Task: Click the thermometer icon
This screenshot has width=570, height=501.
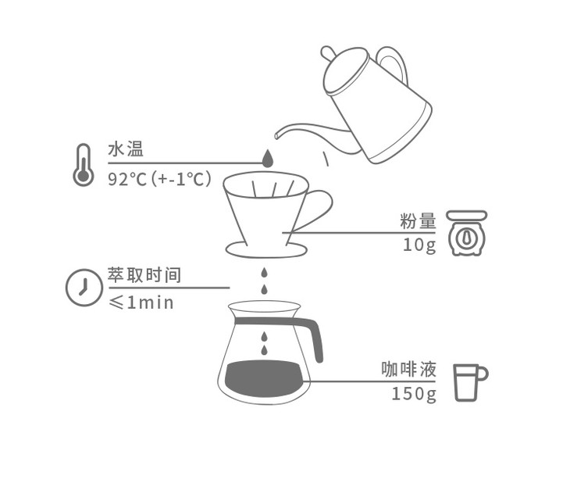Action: [84, 165]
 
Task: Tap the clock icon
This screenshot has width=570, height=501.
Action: [84, 288]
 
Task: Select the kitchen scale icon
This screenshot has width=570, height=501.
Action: [467, 233]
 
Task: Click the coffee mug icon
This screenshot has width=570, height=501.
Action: [470, 382]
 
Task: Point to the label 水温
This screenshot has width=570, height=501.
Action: [126, 149]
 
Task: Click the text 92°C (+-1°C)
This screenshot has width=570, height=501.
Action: [159, 179]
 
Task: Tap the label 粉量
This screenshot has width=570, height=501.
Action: [418, 221]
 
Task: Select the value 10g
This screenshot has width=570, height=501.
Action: [419, 245]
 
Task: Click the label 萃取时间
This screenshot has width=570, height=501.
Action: [144, 275]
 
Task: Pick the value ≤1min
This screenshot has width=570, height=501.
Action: [141, 302]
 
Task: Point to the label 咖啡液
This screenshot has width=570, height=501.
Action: [408, 369]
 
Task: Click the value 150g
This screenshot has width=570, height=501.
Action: [414, 394]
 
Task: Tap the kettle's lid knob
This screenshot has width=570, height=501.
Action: [327, 53]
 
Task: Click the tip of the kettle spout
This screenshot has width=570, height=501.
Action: [277, 136]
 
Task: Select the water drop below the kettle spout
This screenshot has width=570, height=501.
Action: [268, 158]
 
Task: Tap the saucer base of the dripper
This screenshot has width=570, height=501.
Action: [266, 250]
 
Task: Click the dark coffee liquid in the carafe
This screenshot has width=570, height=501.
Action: [264, 378]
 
